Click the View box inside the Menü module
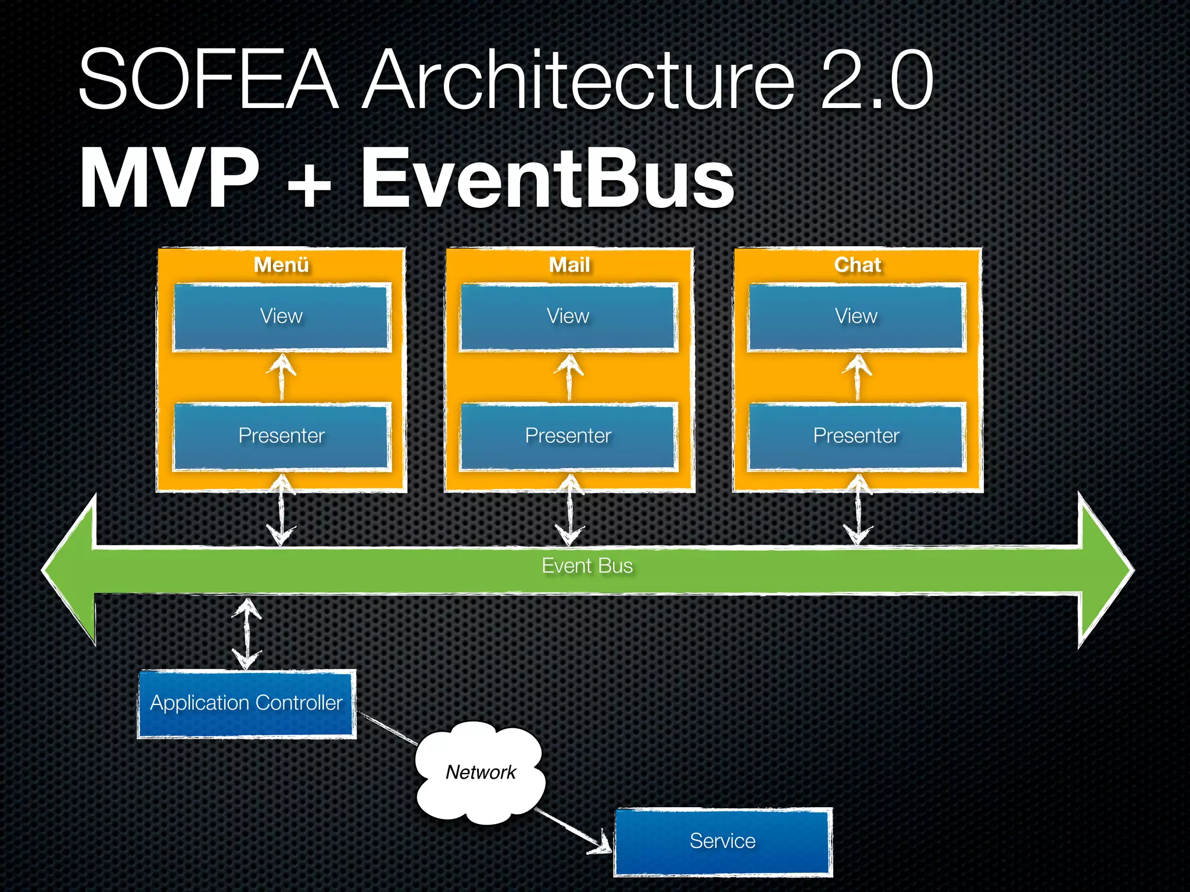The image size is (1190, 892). pyautogui.click(x=282, y=317)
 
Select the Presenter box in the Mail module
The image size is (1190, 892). pyautogui.click(x=568, y=436)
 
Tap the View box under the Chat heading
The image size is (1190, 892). pyautogui.click(x=856, y=317)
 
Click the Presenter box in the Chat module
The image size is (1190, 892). pyautogui.click(x=856, y=436)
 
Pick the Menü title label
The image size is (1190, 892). pyautogui.click(x=282, y=265)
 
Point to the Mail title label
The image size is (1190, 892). pyautogui.click(x=569, y=265)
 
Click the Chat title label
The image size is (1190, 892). pyautogui.click(x=858, y=265)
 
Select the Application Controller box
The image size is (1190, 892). pyautogui.click(x=246, y=703)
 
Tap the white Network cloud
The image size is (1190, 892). pyautogui.click(x=481, y=772)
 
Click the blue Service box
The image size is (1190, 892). pyautogui.click(x=722, y=841)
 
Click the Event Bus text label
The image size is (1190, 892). pyautogui.click(x=587, y=566)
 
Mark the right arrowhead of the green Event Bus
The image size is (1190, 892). pyautogui.click(x=1104, y=569)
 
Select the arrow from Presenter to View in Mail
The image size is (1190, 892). pyautogui.click(x=569, y=377)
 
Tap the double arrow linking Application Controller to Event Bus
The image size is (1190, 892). pyautogui.click(x=247, y=634)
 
